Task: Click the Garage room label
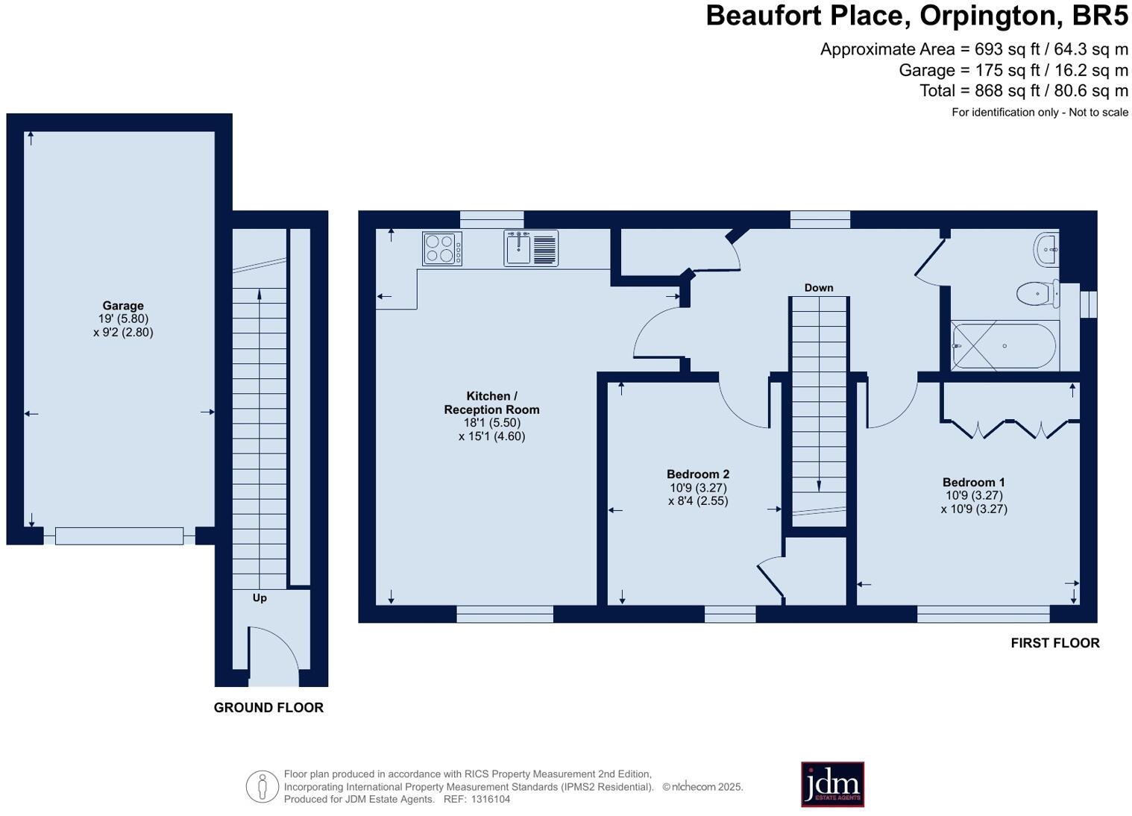click(123, 306)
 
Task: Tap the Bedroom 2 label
click(697, 474)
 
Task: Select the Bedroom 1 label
click(973, 483)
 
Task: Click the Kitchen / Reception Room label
click(491, 403)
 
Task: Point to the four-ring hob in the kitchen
click(441, 249)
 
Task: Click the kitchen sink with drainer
click(530, 248)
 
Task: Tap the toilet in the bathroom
click(1038, 293)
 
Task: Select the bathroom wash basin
click(1046, 248)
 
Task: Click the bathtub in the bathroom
click(1004, 346)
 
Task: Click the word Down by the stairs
click(818, 288)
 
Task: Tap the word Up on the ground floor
click(260, 598)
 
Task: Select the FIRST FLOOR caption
click(1054, 643)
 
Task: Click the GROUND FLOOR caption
click(268, 708)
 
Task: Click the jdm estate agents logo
click(832, 784)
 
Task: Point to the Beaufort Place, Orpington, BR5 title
click(916, 16)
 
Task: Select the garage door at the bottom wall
click(119, 536)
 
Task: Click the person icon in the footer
click(262, 786)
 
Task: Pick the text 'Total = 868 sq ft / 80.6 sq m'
click(1023, 91)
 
